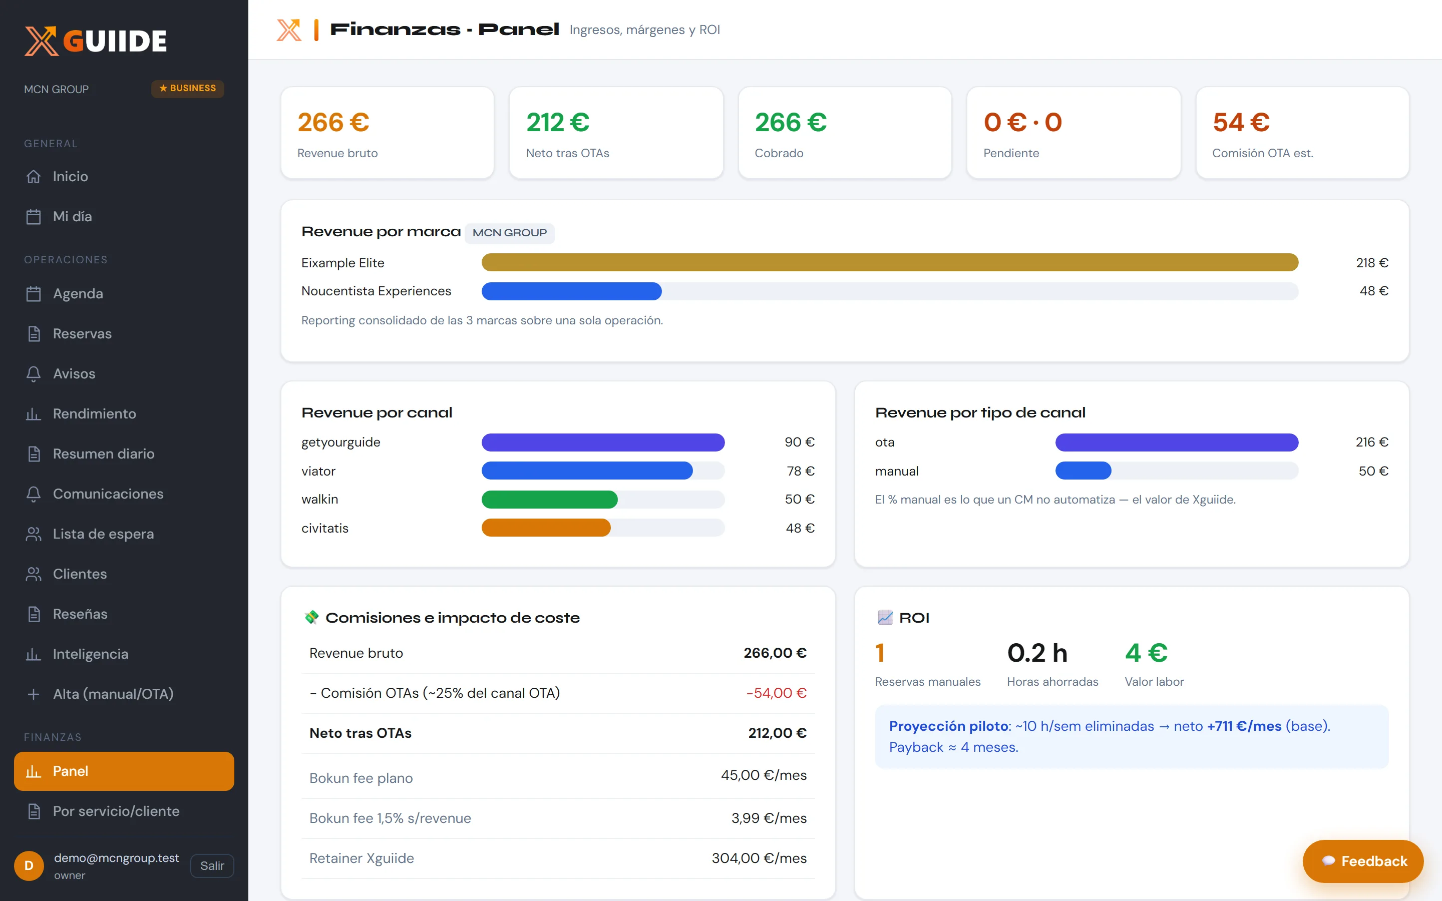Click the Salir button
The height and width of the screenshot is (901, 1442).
tap(211, 865)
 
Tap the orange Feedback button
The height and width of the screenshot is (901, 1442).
tap(1363, 860)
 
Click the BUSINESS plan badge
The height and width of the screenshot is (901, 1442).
tap(188, 88)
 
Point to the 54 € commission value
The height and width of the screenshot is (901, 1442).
tap(1241, 122)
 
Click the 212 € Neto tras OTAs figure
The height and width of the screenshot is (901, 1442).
tap(558, 122)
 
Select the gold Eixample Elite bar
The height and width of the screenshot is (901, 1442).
tap(890, 262)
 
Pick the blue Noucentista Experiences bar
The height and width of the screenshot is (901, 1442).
tap(571, 291)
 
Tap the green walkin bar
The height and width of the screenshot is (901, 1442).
tap(549, 500)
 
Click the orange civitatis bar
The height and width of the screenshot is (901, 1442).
tap(546, 528)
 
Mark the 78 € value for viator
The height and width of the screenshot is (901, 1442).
tap(800, 471)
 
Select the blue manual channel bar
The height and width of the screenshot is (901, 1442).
tap(1084, 471)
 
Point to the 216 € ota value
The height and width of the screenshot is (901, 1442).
tap(1372, 442)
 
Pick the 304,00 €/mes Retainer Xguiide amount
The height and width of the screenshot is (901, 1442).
tap(759, 858)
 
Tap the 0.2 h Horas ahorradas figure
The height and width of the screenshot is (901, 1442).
tap(1037, 653)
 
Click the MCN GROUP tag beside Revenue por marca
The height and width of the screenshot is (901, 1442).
tap(510, 233)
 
